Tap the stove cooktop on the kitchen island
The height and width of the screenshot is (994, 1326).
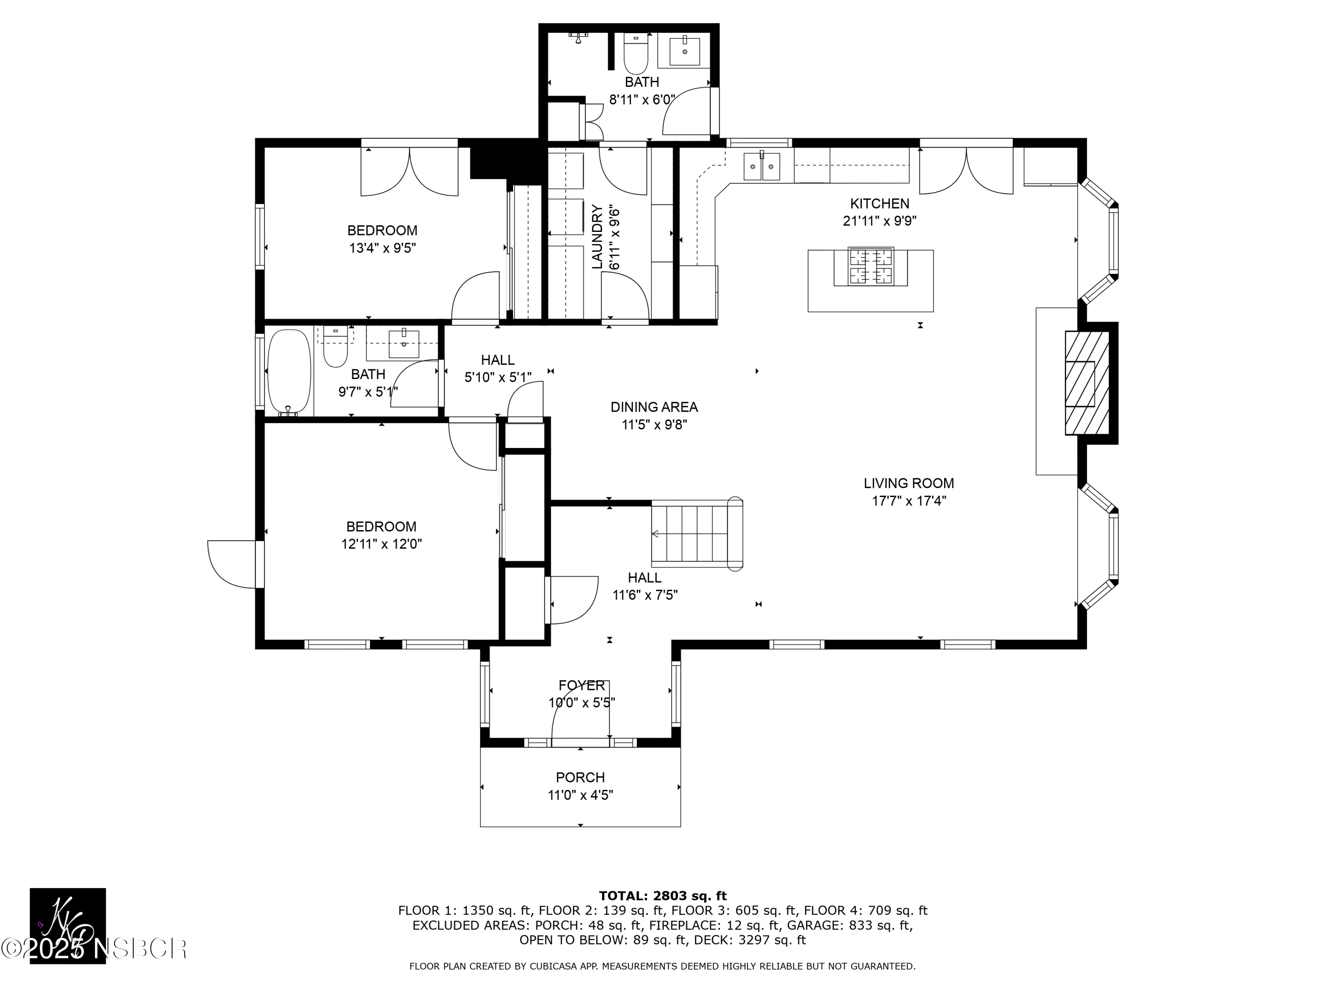[870, 267]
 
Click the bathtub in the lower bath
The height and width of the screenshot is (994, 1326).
[289, 372]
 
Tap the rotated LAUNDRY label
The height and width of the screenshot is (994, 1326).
[597, 237]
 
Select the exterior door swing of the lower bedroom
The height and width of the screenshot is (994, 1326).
[232, 565]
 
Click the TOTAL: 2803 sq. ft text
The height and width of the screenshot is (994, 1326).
[663, 896]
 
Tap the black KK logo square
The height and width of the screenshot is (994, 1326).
[68, 925]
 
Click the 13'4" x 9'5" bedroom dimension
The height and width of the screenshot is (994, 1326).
[382, 248]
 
